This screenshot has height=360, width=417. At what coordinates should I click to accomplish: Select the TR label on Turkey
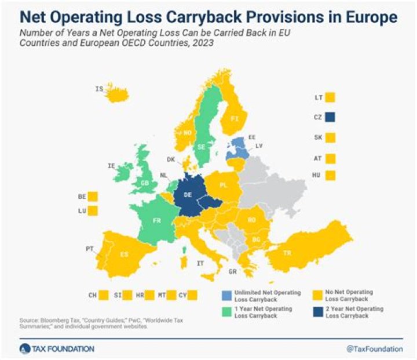click(x=287, y=253)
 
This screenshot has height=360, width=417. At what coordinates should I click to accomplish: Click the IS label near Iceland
click(x=99, y=89)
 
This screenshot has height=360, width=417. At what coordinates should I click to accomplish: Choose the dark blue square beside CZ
click(x=331, y=117)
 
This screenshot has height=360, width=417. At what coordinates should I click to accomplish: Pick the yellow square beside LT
click(x=331, y=97)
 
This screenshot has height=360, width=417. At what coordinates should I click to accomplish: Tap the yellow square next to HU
click(x=331, y=175)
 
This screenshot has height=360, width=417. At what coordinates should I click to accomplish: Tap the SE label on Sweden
click(x=203, y=147)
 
